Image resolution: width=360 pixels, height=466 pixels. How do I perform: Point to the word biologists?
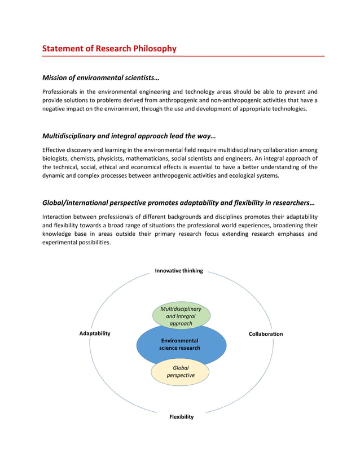click(x=56, y=159)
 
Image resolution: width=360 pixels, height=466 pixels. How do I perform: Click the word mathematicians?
click(x=148, y=159)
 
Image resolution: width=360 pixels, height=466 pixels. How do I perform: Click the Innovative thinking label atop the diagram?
click(x=179, y=271)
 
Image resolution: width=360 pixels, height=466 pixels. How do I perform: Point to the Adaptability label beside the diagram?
click(x=95, y=333)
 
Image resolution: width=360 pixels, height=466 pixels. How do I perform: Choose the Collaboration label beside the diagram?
click(x=266, y=334)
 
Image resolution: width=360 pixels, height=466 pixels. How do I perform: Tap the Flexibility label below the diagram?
click(x=181, y=417)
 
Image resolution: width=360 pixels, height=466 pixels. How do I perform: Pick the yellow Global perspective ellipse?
click(x=181, y=372)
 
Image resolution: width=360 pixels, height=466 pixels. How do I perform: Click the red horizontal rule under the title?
click(x=183, y=56)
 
